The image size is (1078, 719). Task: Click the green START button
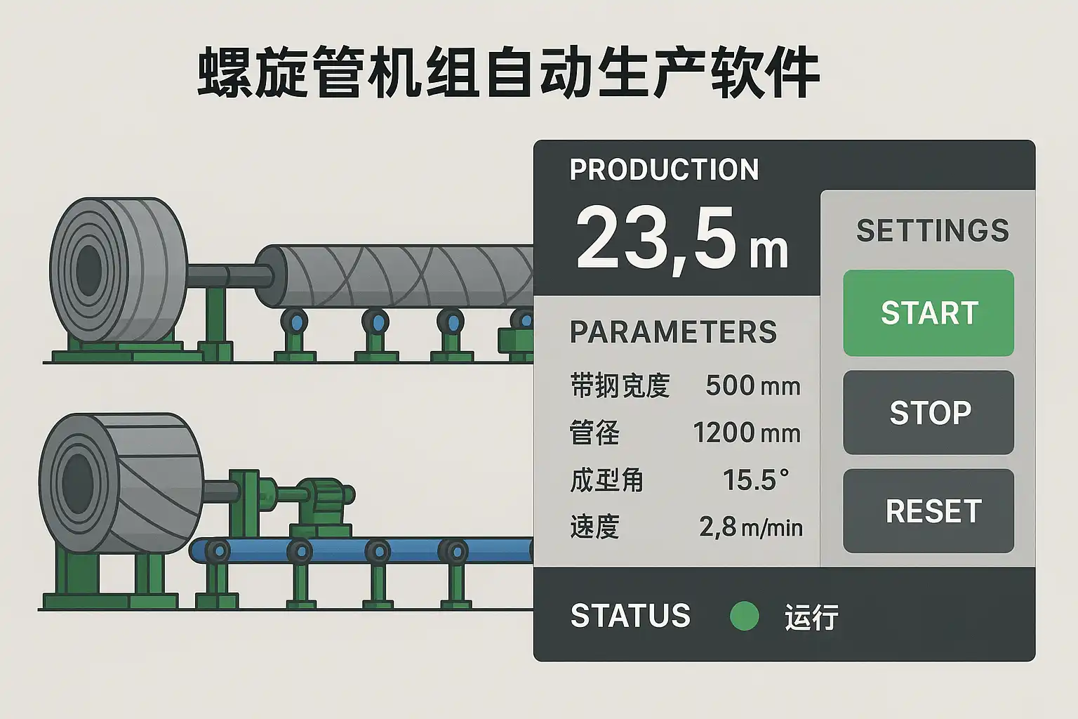coord(929,313)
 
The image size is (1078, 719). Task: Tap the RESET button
coord(929,511)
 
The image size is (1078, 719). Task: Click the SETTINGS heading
coord(932,230)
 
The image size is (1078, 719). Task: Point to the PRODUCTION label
coord(664,169)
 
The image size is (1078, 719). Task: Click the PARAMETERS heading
coord(673,331)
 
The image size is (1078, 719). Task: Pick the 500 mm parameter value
coord(752,385)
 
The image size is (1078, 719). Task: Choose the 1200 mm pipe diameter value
coord(747,433)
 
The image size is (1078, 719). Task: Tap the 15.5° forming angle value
coord(756,480)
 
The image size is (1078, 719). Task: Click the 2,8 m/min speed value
coord(750,527)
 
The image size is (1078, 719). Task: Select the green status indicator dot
coord(744,616)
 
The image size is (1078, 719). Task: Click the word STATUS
coord(630,616)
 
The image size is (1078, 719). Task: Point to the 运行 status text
coord(811,617)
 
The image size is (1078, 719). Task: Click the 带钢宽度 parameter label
coord(620,385)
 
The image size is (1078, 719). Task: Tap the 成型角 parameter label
coord(606,480)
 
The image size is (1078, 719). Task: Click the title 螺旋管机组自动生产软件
coord(508,73)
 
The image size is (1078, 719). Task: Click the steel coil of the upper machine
coord(118,270)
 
